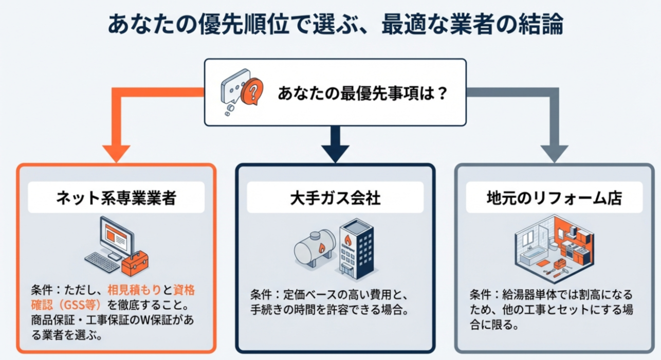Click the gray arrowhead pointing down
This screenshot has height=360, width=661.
[554, 153]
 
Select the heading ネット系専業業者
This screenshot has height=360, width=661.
[116, 198]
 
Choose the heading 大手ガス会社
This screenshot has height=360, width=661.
[335, 198]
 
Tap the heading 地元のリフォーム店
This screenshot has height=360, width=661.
[554, 198]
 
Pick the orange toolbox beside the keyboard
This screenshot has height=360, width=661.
[135, 264]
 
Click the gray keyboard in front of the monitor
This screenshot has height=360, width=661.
[102, 262]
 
